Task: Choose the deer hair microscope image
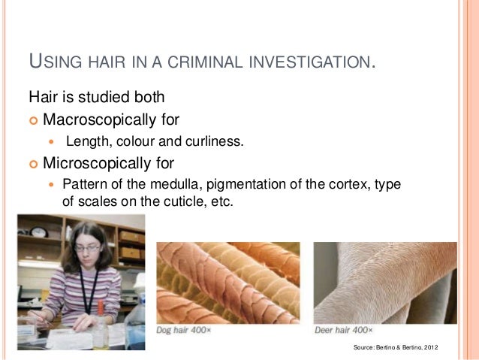(x=385, y=283)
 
